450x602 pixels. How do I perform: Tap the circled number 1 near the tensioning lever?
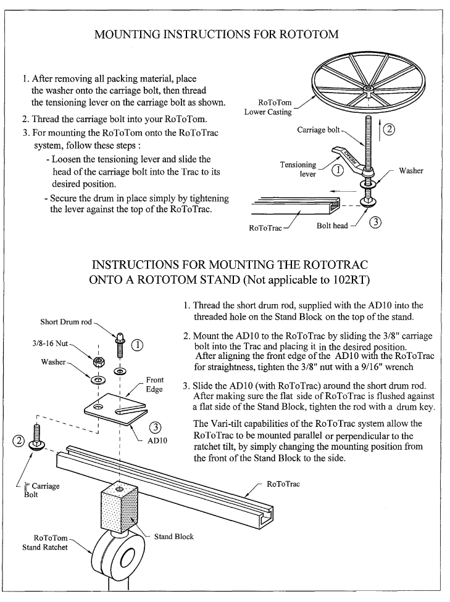tap(338, 171)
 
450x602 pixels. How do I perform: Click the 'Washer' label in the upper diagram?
tap(411, 171)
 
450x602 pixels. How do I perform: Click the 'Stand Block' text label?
tap(173, 536)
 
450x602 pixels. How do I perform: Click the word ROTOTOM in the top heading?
tap(307, 34)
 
